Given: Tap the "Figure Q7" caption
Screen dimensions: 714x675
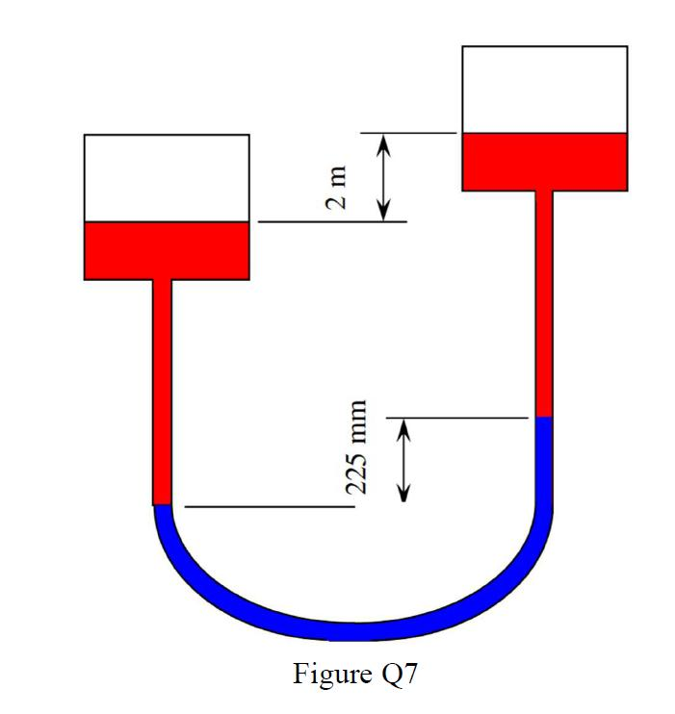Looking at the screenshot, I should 355,673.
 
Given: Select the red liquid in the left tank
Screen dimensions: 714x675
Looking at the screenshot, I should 167,250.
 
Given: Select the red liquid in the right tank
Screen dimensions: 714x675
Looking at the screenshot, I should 545,162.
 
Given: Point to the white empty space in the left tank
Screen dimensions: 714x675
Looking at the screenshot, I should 167,178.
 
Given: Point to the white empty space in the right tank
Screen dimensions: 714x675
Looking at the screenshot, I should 545,89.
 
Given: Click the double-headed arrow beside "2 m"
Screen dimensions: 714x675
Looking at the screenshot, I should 383,177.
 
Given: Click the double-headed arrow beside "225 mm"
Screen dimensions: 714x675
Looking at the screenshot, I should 404,460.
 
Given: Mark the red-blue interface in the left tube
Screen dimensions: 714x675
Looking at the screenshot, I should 162,504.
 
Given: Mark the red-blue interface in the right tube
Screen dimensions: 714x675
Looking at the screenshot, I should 544,417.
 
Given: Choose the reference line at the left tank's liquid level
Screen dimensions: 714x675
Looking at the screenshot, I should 332,222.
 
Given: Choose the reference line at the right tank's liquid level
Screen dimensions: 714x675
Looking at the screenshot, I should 408,133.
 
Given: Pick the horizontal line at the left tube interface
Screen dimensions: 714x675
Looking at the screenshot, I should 270,505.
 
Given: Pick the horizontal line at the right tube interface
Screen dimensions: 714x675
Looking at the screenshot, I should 457,418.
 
